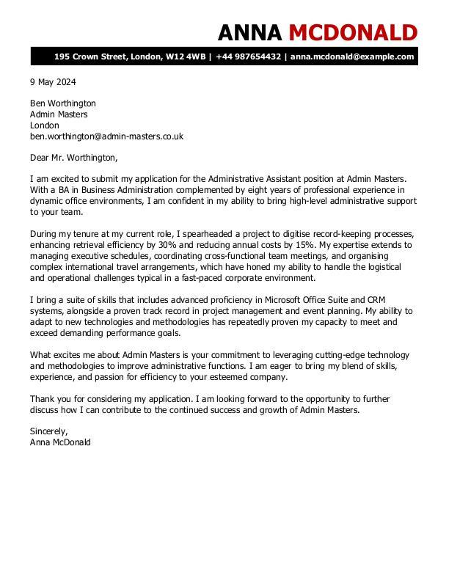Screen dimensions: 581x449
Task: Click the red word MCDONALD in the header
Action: click(353, 32)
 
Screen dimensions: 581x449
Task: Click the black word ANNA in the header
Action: click(250, 32)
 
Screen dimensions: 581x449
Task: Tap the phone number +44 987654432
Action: click(249, 56)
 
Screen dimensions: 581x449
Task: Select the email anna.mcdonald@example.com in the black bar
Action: click(352, 56)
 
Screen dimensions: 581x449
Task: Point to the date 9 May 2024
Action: click(53, 82)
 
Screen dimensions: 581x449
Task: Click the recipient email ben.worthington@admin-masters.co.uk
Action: click(106, 136)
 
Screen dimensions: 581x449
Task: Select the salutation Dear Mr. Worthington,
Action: click(73, 157)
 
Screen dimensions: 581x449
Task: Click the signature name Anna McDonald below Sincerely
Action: click(60, 442)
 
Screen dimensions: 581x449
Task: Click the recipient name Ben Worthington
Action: click(63, 103)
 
